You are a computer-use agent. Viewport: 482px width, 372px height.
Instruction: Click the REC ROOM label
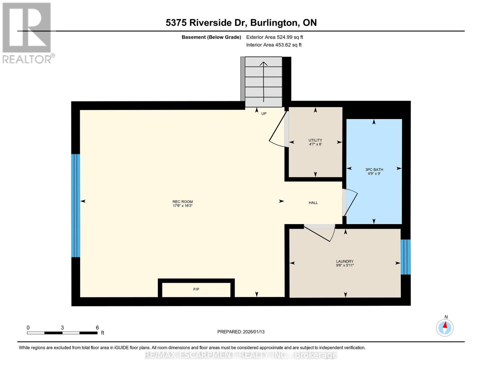pos(182,203)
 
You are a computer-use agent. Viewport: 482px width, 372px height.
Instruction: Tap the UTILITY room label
pos(315,142)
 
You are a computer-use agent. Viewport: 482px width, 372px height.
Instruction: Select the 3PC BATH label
pos(374,171)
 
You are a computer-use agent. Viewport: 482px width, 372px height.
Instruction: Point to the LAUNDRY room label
pos(345,263)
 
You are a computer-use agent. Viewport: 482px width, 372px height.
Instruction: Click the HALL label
pos(313,203)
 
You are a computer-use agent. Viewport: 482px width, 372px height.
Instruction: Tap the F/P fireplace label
pos(196,289)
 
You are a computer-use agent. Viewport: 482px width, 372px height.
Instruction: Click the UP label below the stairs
pos(264,113)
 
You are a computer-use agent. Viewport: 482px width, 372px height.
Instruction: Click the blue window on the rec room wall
pos(76,206)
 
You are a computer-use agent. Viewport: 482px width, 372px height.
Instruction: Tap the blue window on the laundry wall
pos(405,257)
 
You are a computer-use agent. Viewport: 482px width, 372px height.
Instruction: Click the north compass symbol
pos(445,327)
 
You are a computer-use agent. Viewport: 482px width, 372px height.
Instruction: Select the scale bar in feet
pos(62,333)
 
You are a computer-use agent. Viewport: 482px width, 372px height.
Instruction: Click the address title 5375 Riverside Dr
pos(241,23)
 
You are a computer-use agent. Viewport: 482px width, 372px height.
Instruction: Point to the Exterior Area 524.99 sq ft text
pos(274,37)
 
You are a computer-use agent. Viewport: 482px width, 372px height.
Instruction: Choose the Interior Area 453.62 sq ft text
pos(274,45)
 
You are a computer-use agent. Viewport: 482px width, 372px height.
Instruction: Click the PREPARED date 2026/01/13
pos(241,332)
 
